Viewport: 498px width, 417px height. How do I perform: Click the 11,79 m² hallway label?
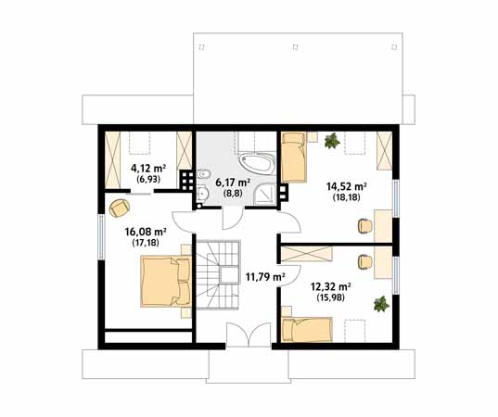pyautogui.click(x=265, y=277)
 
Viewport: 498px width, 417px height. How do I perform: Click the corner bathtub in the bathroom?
pyautogui.click(x=256, y=163)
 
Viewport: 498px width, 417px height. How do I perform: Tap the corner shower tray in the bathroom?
pyautogui.click(x=264, y=194)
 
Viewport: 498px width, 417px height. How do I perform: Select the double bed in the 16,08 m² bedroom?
pyautogui.click(x=165, y=281)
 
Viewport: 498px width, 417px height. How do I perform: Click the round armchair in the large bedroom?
pyautogui.click(x=119, y=208)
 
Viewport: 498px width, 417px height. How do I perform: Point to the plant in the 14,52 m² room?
pyautogui.click(x=332, y=141)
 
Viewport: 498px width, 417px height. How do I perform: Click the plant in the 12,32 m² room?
pyautogui.click(x=381, y=304)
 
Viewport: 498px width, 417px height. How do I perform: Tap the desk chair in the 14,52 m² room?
pyautogui.click(x=365, y=226)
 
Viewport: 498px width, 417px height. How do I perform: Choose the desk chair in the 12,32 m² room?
pyautogui.click(x=365, y=262)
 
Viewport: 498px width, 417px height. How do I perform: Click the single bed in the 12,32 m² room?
pyautogui.click(x=307, y=330)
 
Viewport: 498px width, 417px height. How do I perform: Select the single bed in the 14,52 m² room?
pyautogui.click(x=294, y=158)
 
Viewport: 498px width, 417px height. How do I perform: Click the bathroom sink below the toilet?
pyautogui.click(x=202, y=194)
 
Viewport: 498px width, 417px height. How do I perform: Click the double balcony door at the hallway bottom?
pyautogui.click(x=249, y=335)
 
